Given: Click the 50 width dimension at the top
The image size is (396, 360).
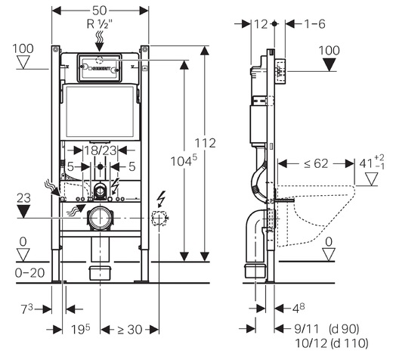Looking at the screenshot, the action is tap(100, 11).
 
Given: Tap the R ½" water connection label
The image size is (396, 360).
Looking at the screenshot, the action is tap(100, 24).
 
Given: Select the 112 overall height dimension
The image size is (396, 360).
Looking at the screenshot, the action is tap(205, 143).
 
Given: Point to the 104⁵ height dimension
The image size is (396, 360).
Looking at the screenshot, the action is tap(184, 161).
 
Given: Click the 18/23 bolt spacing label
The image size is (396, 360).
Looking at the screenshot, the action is tap(101, 151).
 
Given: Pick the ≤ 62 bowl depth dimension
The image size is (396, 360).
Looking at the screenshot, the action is tap(316, 163).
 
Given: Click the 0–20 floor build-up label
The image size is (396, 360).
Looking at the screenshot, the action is tap(29, 273).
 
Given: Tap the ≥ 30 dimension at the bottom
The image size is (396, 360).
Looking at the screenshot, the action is tap(129, 330).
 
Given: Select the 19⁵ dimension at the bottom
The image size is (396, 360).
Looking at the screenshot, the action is tap(80, 329).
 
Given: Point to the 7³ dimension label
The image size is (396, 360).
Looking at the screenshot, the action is tap(26, 309).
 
